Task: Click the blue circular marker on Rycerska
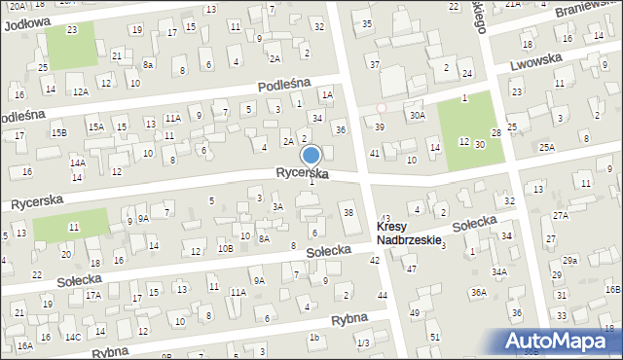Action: tap(311, 156)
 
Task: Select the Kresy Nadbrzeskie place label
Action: tap(409, 233)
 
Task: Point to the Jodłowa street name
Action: tap(26, 23)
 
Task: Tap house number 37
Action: tap(375, 64)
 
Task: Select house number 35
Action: tap(367, 23)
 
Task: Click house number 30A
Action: tap(417, 115)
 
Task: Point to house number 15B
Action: tap(59, 132)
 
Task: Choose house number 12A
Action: tap(82, 91)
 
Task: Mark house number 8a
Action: tap(148, 64)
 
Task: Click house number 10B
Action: tap(225, 248)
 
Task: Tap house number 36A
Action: tap(478, 292)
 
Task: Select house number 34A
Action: tap(499, 272)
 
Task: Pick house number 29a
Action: tap(569, 261)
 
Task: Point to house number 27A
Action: tap(560, 215)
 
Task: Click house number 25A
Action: tap(547, 147)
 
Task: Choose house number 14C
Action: tap(73, 337)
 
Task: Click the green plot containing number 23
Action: tap(72, 45)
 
